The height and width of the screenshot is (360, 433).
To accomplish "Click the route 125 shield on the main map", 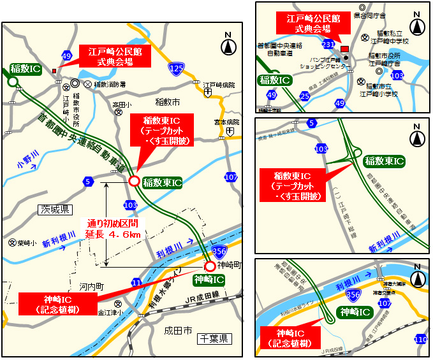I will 177,68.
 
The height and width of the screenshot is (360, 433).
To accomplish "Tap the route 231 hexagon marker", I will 328,44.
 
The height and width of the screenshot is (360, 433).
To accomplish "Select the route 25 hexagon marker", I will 305,96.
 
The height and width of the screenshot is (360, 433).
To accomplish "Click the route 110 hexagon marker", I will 420,341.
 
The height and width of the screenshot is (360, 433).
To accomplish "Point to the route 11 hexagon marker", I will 136,282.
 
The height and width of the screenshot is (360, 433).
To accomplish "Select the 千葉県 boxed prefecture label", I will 213,339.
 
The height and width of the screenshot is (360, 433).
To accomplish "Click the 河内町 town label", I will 92,287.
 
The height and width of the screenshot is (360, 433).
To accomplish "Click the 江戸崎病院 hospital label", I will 219,85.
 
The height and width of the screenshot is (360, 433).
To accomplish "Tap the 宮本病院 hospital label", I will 226,122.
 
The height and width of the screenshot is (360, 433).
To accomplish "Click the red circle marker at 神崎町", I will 210,266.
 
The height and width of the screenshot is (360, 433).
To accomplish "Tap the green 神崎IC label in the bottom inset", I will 355,312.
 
